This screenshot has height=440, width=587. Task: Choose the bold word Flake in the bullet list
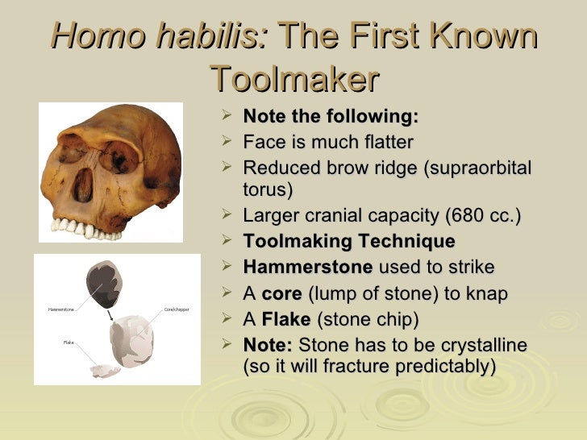click(x=286, y=319)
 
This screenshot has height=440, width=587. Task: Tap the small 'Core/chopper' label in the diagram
click(x=177, y=309)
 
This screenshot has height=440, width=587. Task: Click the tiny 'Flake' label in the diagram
click(x=69, y=342)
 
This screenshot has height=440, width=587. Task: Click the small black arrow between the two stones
click(x=110, y=314)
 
